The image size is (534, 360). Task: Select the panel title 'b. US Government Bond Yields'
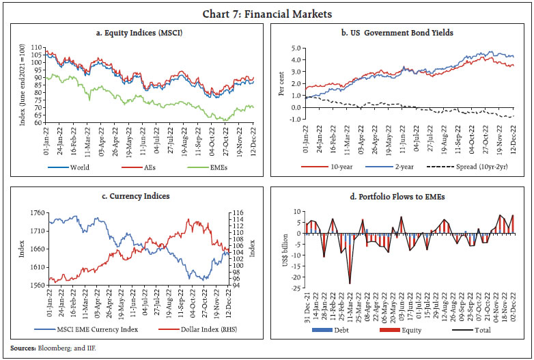click(x=399, y=31)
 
